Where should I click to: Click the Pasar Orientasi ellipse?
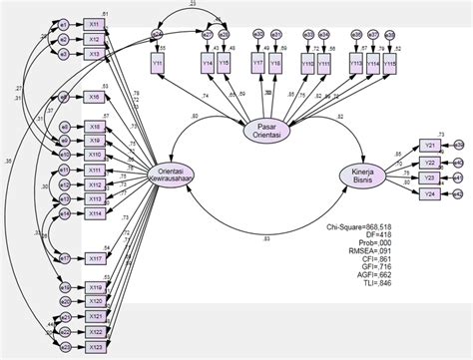(266, 132)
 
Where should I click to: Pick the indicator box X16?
(94, 97)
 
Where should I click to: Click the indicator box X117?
(94, 257)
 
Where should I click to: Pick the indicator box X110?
(94, 155)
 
